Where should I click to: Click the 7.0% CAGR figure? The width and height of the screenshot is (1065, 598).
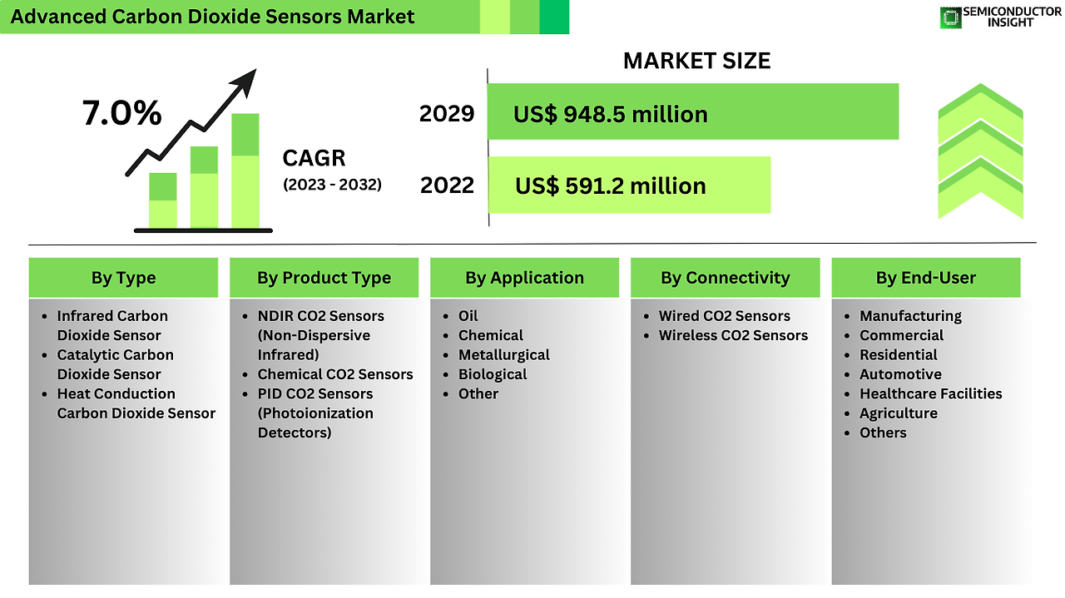[x=121, y=113]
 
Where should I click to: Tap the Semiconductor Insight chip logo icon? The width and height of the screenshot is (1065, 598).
[x=950, y=18]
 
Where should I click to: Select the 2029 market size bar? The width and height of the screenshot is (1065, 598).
[x=693, y=111]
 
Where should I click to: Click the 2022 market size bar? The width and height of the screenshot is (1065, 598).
[x=629, y=185]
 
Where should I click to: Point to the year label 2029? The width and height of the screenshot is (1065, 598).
[x=447, y=114]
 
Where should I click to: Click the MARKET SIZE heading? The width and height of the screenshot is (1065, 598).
[x=696, y=61]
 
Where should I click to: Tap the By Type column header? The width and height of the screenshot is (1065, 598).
[x=124, y=278]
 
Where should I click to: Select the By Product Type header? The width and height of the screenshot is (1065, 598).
[x=324, y=278]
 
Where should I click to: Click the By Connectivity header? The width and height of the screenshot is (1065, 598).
[x=725, y=278]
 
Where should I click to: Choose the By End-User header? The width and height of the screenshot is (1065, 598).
[x=926, y=278]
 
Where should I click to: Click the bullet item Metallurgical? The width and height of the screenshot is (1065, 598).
[x=503, y=355]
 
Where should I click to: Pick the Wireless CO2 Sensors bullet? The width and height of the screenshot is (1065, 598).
[x=733, y=336]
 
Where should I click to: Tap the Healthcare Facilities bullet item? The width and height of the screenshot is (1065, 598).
[x=930, y=394]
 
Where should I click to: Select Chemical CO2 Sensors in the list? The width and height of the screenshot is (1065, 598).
[x=335, y=374]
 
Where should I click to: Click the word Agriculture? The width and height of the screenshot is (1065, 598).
[x=898, y=413]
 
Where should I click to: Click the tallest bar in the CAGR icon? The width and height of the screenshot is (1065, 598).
[x=245, y=171]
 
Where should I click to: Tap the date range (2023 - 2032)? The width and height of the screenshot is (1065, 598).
[x=332, y=185]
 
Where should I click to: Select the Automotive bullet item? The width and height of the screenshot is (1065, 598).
[x=900, y=374]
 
